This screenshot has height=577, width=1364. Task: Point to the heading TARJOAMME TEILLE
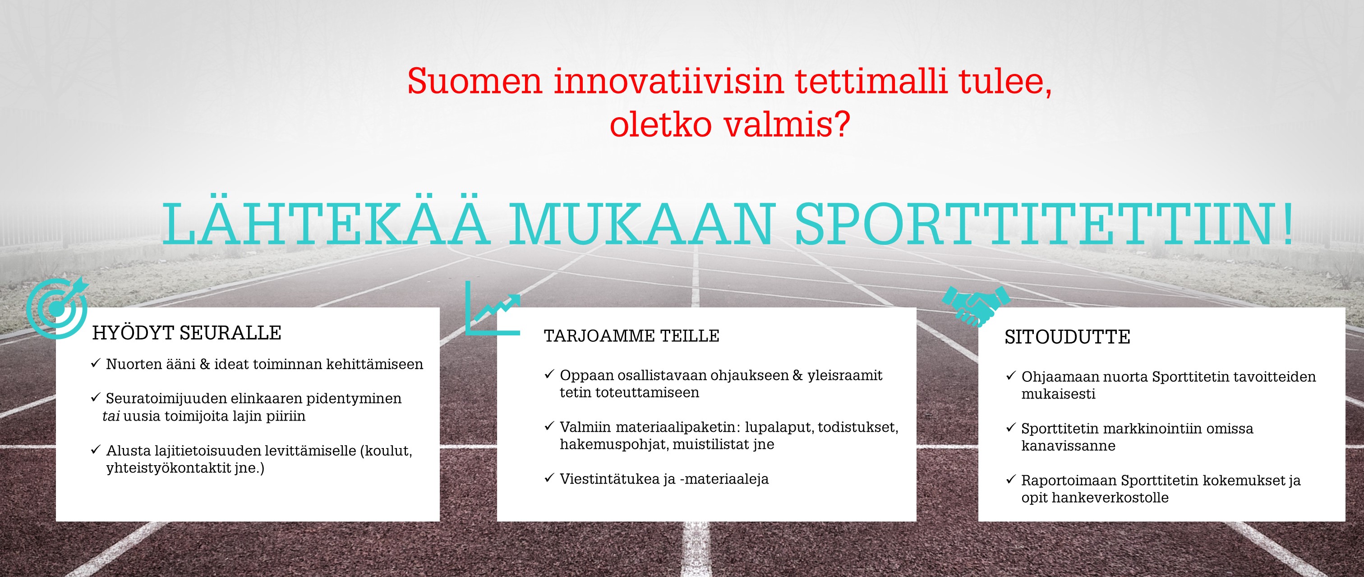point(631,336)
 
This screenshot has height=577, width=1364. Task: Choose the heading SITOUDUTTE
point(1068,337)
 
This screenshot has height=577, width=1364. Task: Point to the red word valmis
point(787,125)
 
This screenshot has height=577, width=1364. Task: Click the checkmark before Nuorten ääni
point(95,363)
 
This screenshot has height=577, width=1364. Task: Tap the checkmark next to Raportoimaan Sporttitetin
point(1011,480)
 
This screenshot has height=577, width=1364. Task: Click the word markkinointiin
point(1155,428)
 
